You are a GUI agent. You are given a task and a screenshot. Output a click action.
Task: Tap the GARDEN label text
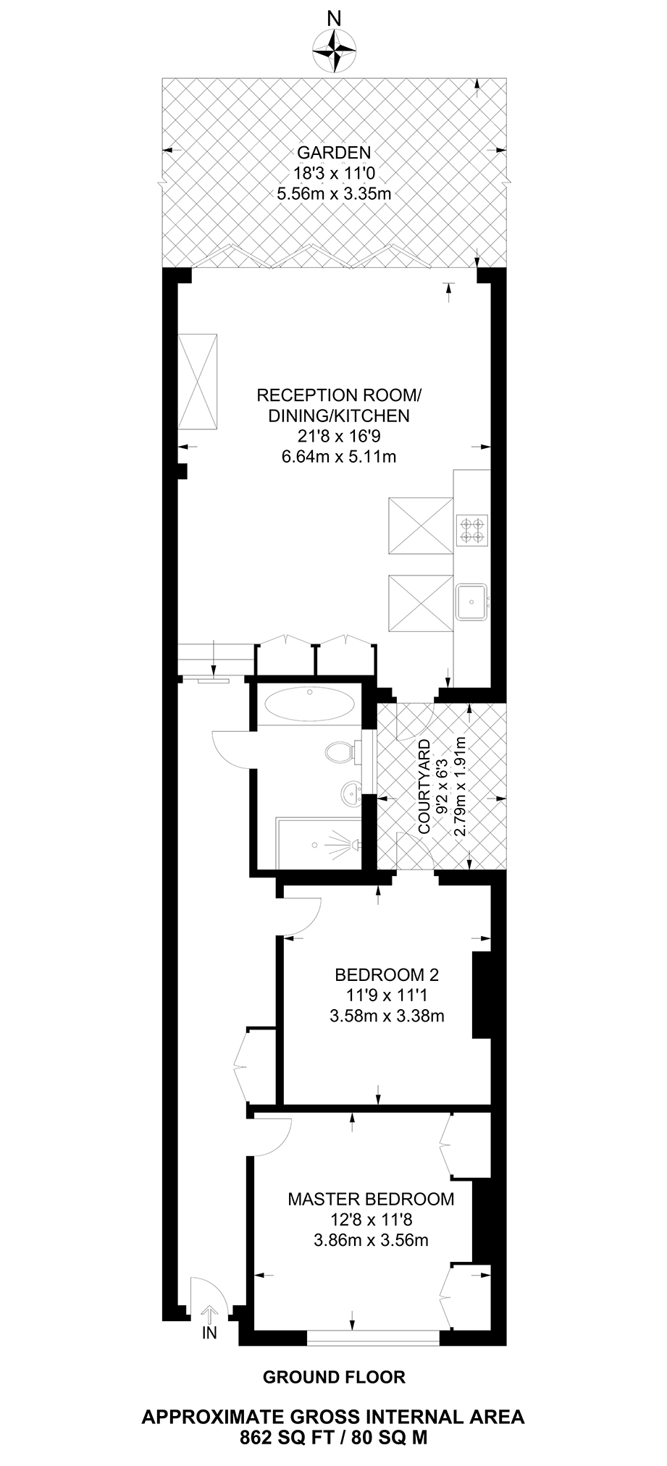tap(334, 153)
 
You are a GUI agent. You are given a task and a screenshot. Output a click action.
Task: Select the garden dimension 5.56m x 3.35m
tap(334, 193)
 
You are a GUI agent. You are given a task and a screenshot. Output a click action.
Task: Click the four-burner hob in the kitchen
tap(472, 528)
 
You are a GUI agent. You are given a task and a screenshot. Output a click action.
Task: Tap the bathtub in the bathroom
tap(309, 703)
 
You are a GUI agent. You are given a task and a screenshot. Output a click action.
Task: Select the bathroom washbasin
tap(351, 793)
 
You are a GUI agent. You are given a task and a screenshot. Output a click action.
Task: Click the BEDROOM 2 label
tap(387, 974)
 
